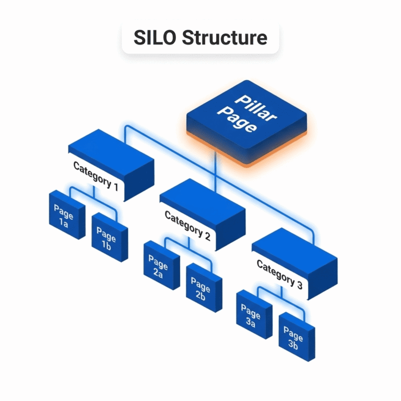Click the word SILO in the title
pyautogui.click(x=154, y=38)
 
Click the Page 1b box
pyautogui.click(x=109, y=238)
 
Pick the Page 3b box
pyautogui.click(x=296, y=337)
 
